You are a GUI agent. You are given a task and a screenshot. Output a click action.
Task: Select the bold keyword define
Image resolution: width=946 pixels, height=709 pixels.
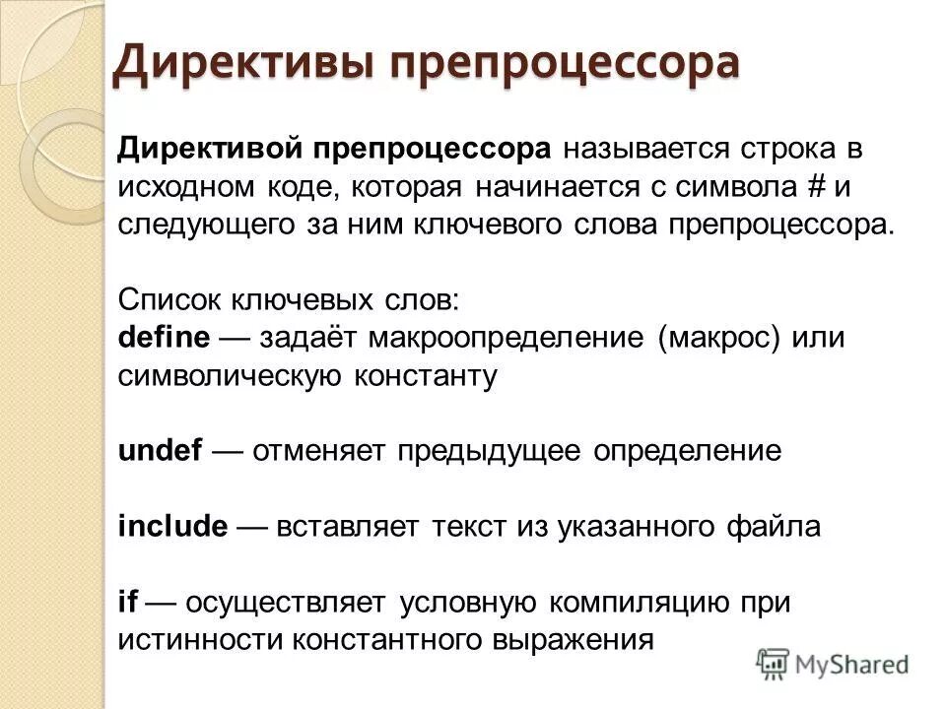[164, 338]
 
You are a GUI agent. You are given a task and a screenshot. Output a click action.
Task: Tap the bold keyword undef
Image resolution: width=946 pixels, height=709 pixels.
[160, 451]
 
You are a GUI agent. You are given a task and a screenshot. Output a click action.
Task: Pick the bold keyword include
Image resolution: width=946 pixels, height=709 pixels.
[172, 526]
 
